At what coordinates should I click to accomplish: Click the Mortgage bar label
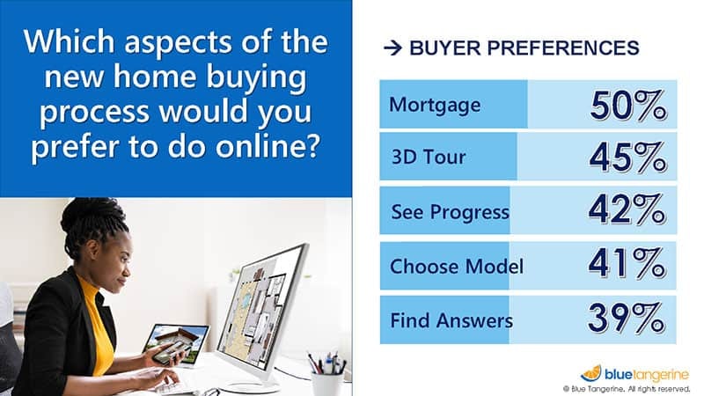[435, 106]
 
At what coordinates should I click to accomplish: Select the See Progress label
[449, 212]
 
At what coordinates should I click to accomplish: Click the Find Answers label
[451, 319]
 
